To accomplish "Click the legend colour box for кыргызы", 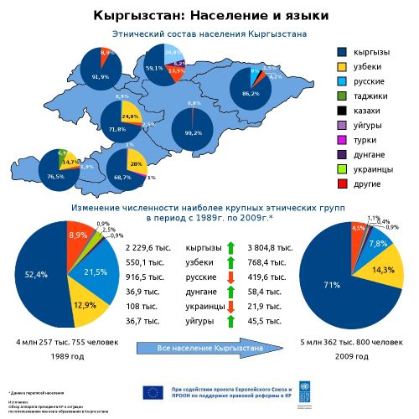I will click(342, 52).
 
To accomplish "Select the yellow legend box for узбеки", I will click(342, 67).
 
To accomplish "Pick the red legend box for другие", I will click(342, 184).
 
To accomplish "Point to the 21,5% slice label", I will click(95, 272).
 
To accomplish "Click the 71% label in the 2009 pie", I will click(333, 285).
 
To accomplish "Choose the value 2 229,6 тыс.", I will click(147, 248).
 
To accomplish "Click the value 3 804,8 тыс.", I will click(270, 248).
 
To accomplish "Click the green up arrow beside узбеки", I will click(230, 263).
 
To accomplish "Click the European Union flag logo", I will click(153, 391).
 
